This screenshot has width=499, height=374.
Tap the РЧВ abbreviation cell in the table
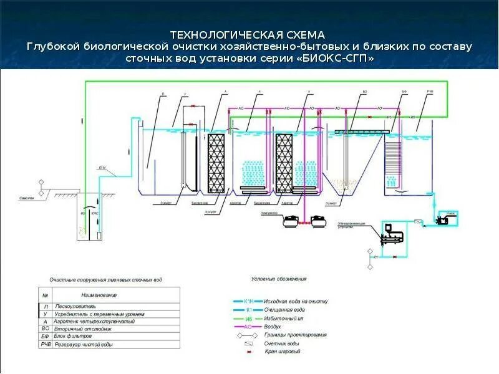46,344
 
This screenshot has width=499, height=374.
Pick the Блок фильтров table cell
74,336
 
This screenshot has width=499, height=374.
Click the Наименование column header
99,294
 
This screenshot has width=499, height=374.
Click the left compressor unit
289,220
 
